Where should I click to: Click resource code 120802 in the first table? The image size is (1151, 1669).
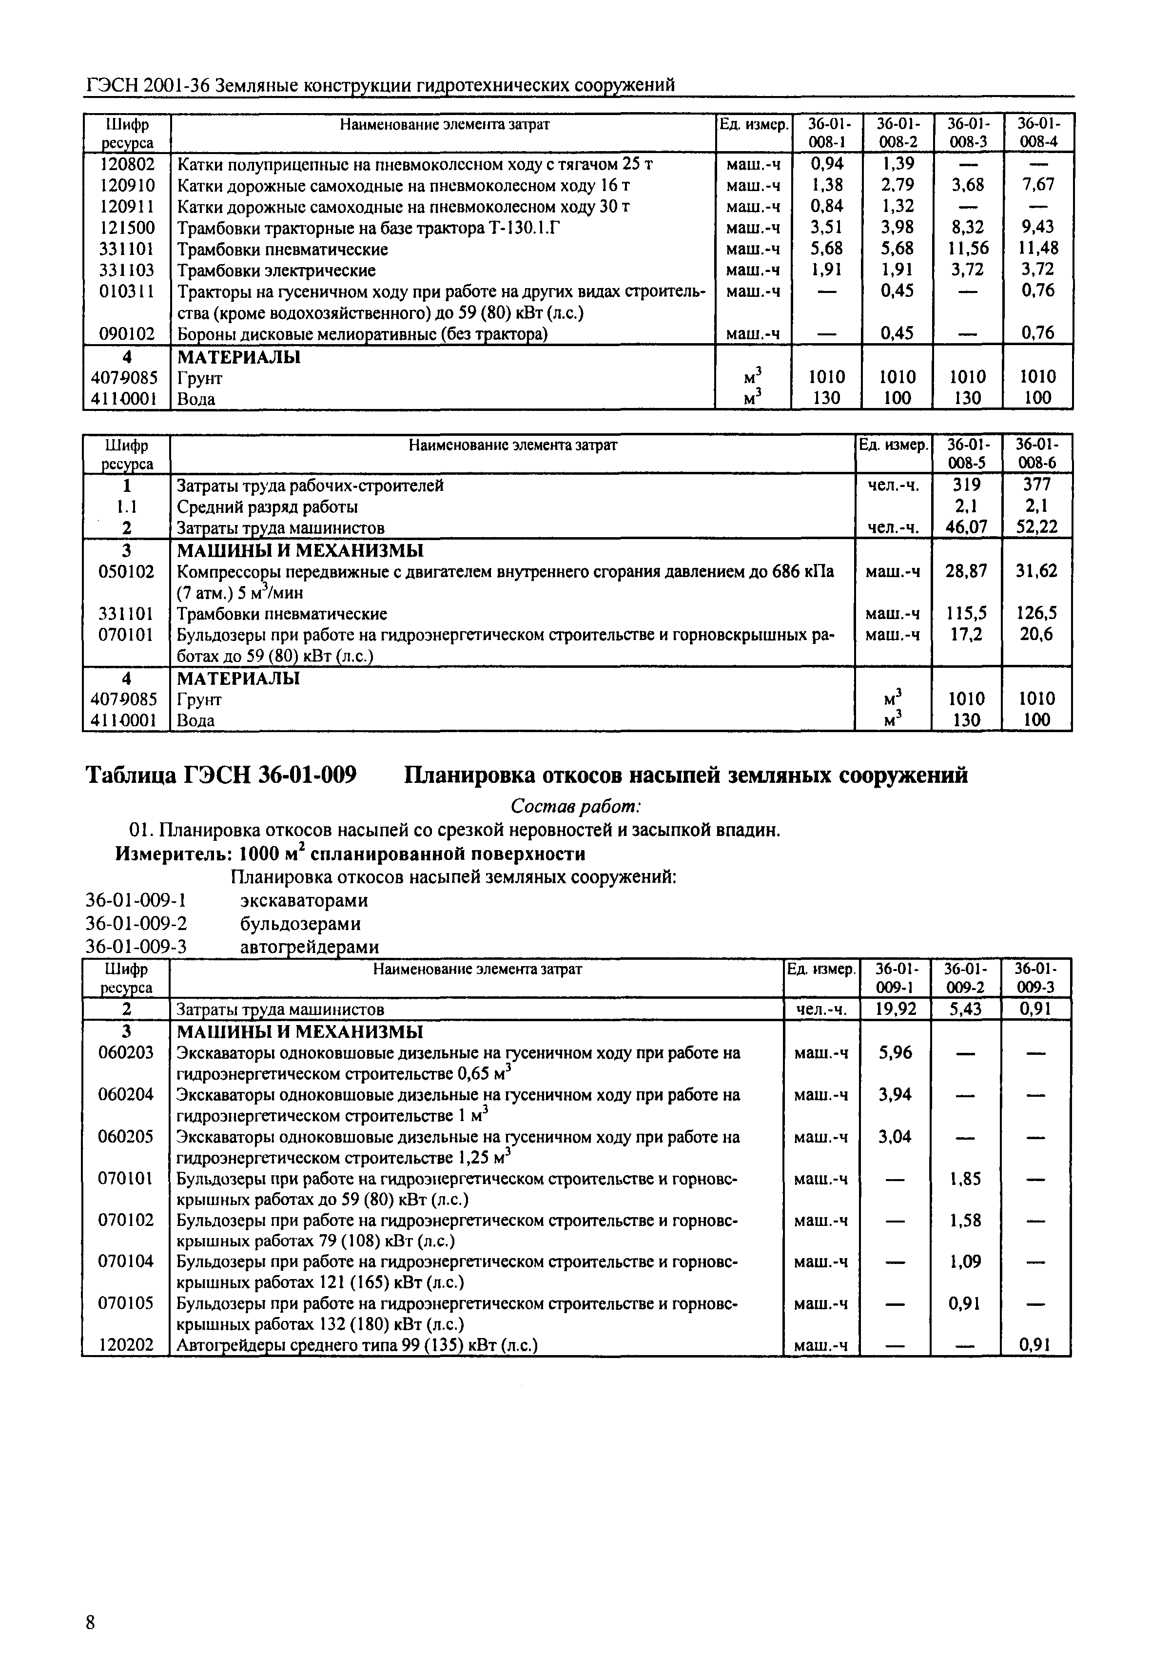(x=126, y=164)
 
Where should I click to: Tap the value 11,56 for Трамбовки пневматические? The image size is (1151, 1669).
(x=967, y=249)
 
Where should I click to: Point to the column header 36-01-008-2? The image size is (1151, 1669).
(x=897, y=133)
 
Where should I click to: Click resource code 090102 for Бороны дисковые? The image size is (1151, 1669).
(x=126, y=334)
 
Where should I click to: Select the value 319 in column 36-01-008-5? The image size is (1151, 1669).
(x=966, y=485)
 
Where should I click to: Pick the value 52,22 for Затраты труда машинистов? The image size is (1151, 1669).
(x=1036, y=528)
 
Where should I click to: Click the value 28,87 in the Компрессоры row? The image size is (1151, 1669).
(x=966, y=572)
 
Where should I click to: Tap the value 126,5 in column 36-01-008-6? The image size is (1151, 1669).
(x=1036, y=614)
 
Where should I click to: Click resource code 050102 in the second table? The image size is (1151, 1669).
(x=126, y=572)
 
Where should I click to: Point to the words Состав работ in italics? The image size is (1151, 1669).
(x=575, y=805)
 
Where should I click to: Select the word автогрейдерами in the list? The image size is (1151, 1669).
(x=309, y=947)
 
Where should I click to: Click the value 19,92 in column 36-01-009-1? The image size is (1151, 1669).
(x=895, y=1009)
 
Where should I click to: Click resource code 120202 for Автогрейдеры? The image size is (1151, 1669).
(x=126, y=1345)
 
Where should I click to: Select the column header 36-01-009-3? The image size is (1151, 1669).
(x=1035, y=978)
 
